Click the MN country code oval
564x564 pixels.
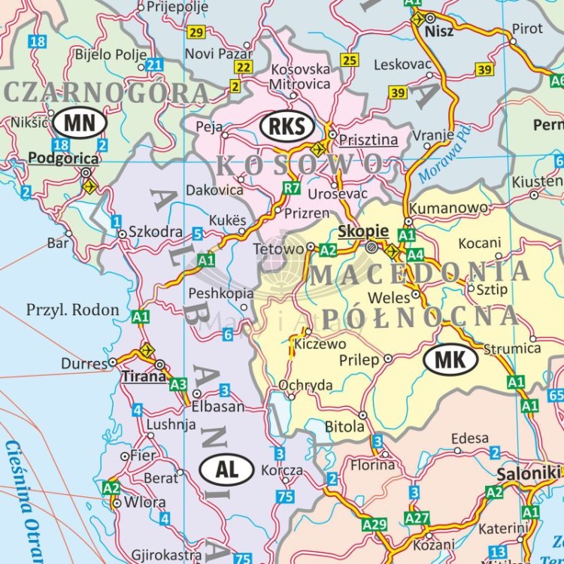click(x=84, y=121)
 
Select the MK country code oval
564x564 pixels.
click(x=450, y=359)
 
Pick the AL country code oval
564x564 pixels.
click(x=226, y=469)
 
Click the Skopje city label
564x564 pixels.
click(x=363, y=231)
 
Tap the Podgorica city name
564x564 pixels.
click(x=63, y=158)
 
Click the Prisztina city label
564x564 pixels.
click(x=368, y=140)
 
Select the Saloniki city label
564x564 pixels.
click(x=528, y=474)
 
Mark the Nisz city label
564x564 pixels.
click(x=439, y=31)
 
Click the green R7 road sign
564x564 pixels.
click(x=292, y=187)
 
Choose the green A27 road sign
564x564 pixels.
click(x=417, y=518)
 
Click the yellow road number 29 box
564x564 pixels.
click(x=196, y=32)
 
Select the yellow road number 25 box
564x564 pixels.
click(x=350, y=60)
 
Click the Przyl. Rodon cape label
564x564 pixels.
click(x=73, y=309)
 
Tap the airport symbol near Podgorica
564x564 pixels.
click(x=89, y=185)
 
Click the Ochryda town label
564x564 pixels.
click(x=305, y=385)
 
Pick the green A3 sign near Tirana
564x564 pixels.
click(x=178, y=385)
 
